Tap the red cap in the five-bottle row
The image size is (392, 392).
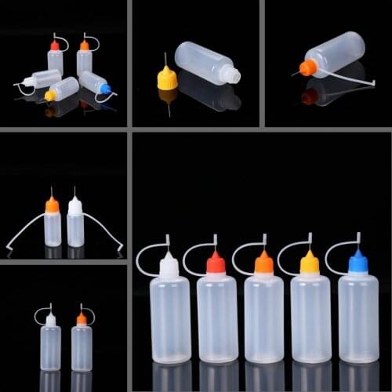pos(216,264)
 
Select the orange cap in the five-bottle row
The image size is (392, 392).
pos(264,264)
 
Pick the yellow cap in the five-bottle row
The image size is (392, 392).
pos(310,264)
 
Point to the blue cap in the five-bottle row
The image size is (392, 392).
pos(358,263)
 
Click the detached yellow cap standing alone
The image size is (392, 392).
pos(167,78)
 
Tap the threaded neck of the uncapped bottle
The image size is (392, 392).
pos(229,74)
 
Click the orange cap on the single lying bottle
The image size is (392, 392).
pos(308,68)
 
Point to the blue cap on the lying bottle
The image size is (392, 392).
pos(105,89)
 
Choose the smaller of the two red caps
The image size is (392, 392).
pos(55,46)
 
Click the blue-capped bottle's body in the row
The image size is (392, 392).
pos(358,317)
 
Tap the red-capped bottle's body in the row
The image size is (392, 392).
pos(216,318)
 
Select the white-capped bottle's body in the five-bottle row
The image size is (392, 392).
pos(170,318)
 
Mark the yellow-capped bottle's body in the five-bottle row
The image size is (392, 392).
pos(310,318)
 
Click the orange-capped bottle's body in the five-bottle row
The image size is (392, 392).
pos(264,318)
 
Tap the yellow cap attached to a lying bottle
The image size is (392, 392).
pos(50,96)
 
